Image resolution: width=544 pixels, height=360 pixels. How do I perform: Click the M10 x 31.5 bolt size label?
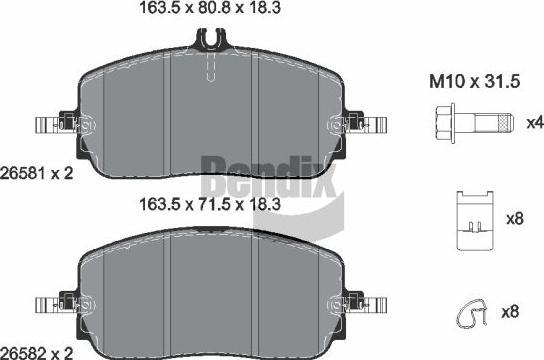(x=463, y=81)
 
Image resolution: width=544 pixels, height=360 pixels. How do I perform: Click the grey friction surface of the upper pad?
(x=150, y=115)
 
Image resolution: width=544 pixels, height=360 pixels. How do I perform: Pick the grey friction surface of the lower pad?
(x=150, y=295)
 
